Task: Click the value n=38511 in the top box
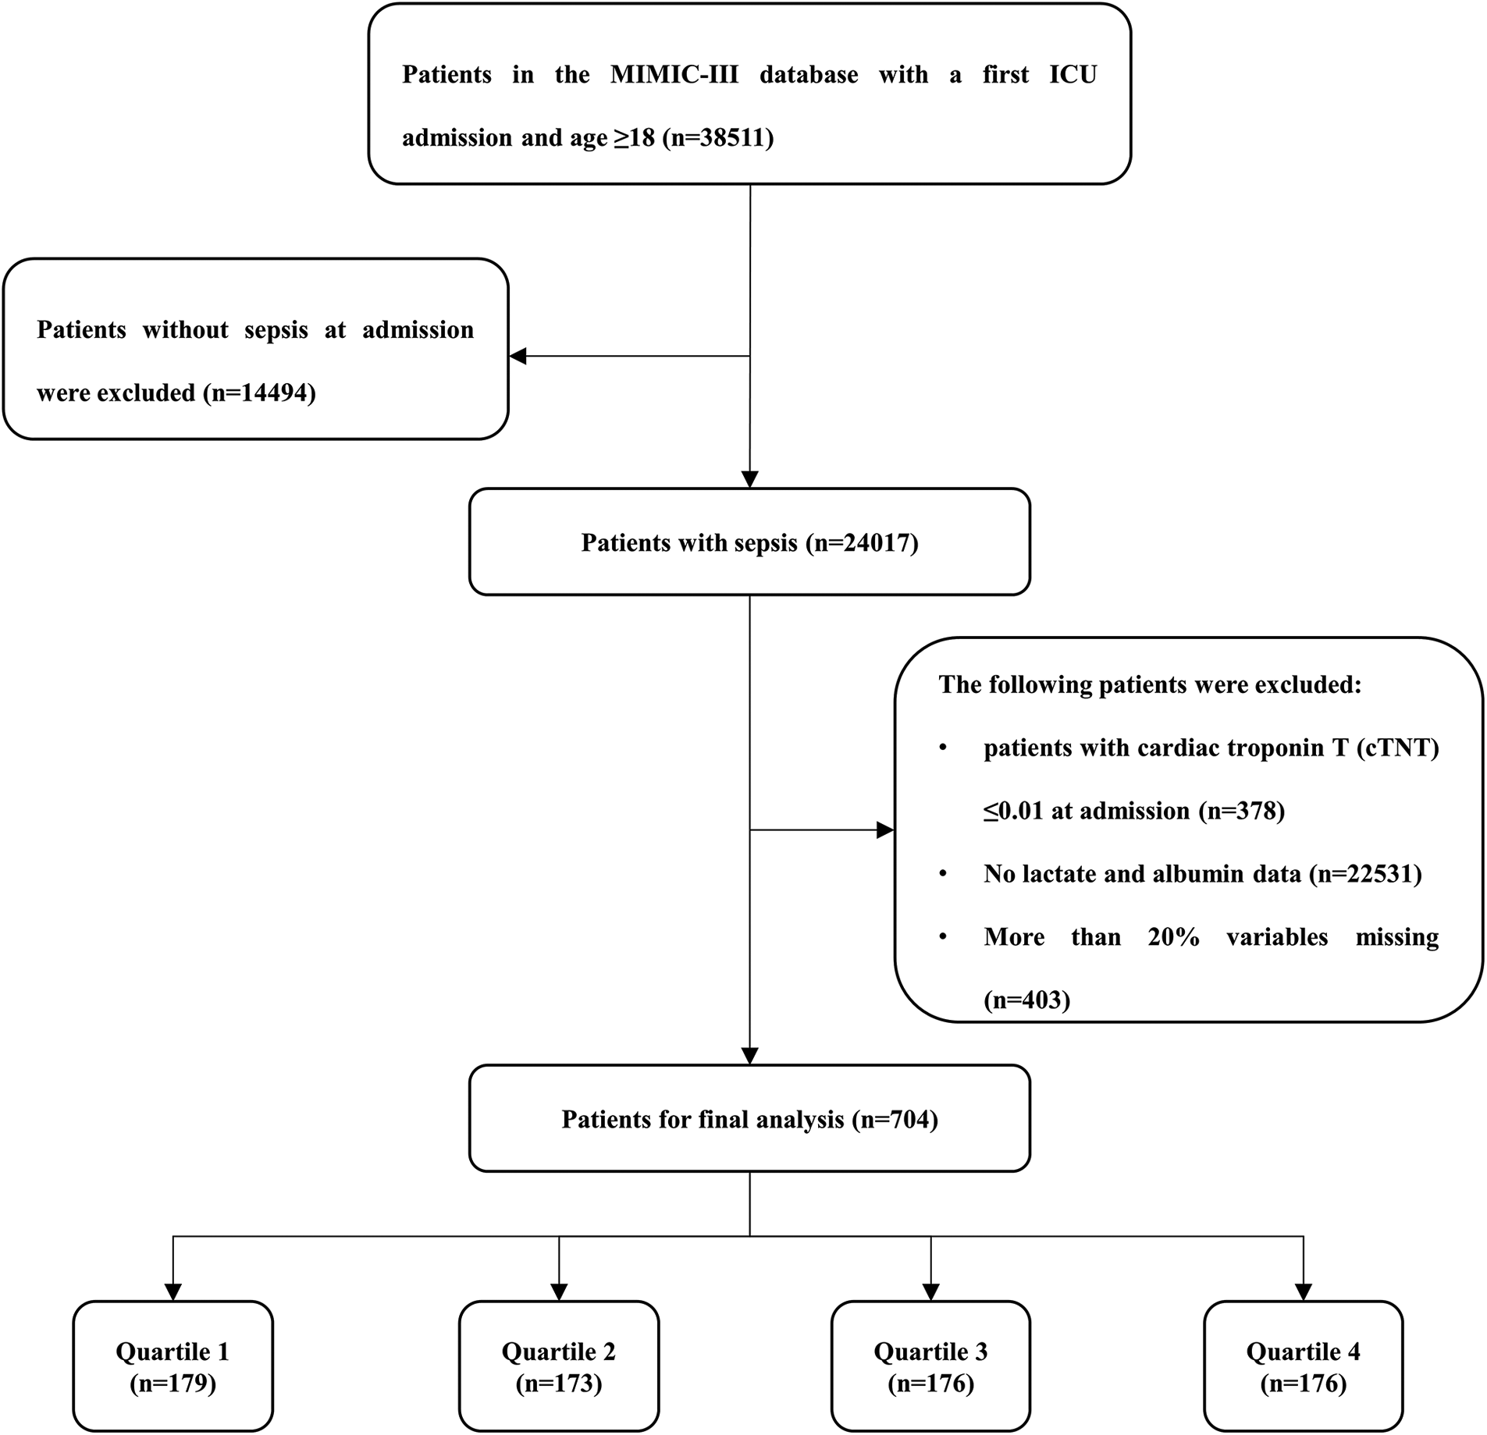(x=717, y=138)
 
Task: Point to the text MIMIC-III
(x=674, y=75)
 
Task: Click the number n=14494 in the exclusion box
(x=259, y=392)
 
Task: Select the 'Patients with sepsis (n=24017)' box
(x=749, y=542)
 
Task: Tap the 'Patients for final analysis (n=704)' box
(x=749, y=1120)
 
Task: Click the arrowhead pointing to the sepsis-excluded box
(x=518, y=357)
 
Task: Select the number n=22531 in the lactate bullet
(x=1365, y=874)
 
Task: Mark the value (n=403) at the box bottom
(x=1026, y=1000)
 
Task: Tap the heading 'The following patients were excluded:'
(x=1150, y=684)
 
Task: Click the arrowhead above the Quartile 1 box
(x=173, y=1292)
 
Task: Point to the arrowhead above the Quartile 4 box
(x=1303, y=1292)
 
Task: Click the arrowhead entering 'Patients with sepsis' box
(x=749, y=479)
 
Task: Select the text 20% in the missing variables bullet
(x=1173, y=936)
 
